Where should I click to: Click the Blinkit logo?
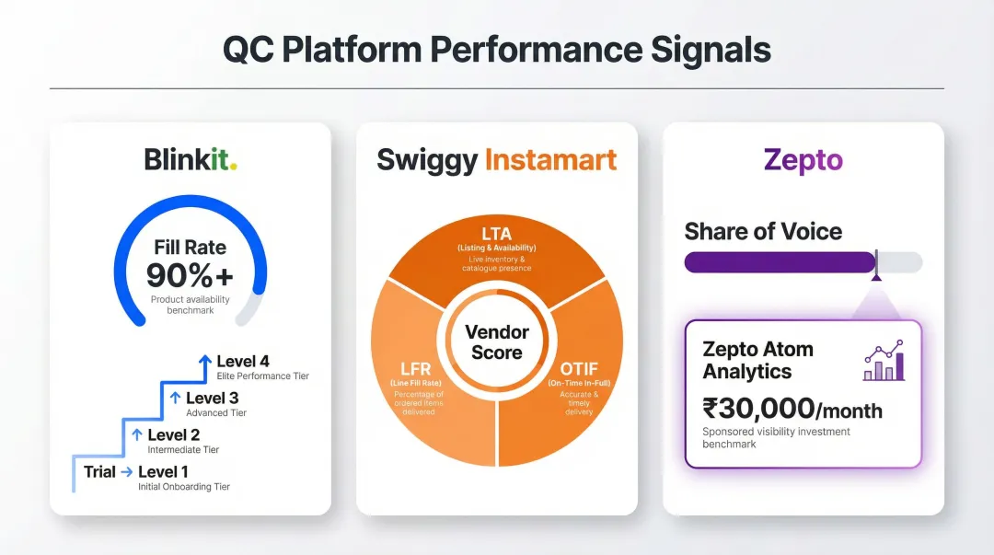click(191, 159)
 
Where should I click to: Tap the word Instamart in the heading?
click(550, 159)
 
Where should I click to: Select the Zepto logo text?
click(803, 159)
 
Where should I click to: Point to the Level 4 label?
click(243, 362)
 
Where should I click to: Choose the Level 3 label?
click(212, 399)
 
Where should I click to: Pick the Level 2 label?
click(174, 435)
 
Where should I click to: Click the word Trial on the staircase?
click(99, 472)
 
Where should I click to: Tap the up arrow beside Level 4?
click(204, 363)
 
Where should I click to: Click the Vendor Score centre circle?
click(496, 342)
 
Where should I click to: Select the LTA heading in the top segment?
click(496, 234)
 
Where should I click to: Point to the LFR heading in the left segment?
click(416, 369)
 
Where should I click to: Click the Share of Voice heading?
click(763, 231)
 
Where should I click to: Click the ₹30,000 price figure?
click(758, 408)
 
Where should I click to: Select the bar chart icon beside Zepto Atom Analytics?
click(884, 361)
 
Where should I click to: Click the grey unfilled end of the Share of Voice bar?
click(901, 262)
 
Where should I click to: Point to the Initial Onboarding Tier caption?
click(184, 487)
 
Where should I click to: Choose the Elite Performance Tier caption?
click(263, 376)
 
